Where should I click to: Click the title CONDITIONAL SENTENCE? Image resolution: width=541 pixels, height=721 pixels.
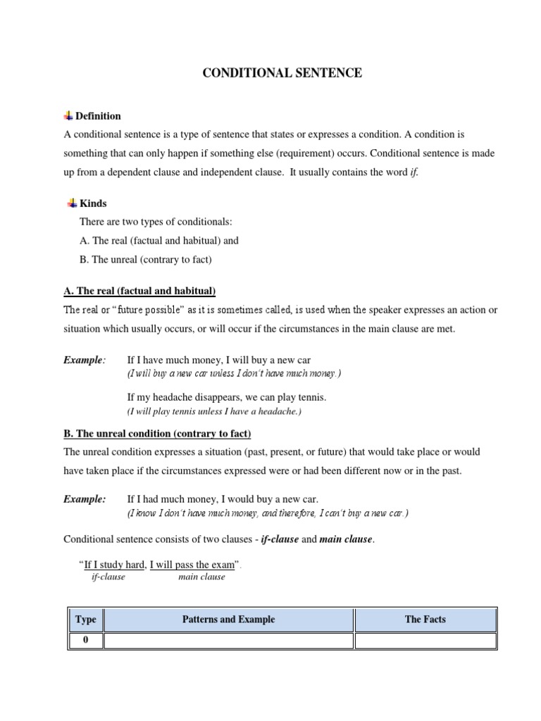pos(282,73)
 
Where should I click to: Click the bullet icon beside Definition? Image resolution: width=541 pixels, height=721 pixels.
pos(68,115)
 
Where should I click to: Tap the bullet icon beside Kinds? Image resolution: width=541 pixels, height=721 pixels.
pos(72,203)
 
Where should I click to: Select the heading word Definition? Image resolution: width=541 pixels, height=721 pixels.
pos(98,116)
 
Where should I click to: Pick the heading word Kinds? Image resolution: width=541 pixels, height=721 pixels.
pos(93,203)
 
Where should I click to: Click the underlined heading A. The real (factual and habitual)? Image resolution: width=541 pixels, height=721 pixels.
pos(139,291)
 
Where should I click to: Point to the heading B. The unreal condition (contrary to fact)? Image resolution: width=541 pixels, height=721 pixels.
pos(157,434)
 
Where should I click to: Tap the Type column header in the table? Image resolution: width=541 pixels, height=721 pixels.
pos(86,620)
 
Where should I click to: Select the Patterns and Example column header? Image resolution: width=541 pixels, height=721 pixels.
pos(228,620)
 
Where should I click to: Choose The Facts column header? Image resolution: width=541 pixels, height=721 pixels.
pos(425,620)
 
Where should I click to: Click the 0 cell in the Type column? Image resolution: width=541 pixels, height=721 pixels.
pos(86,640)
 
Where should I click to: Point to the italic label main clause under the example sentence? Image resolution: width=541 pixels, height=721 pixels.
pos(201,577)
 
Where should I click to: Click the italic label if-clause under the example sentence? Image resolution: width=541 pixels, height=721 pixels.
pos(108,577)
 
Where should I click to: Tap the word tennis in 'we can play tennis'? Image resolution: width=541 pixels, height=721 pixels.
pos(311,397)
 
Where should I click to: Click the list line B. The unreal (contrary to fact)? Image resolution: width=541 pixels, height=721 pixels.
pos(145,259)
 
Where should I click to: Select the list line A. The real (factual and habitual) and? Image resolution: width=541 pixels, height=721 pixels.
pos(158,240)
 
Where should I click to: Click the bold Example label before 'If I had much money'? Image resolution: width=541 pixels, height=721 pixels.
pos(85,499)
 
